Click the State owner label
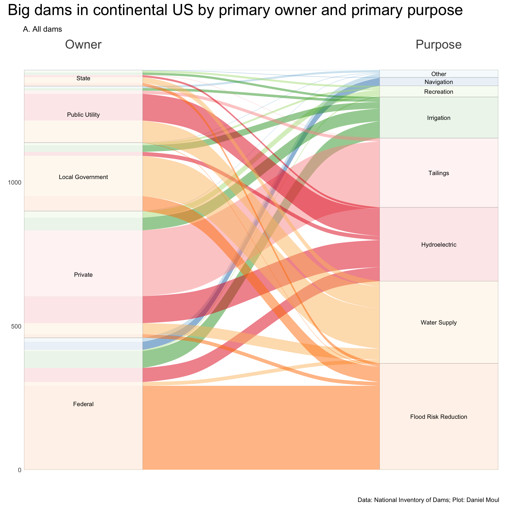point(83,78)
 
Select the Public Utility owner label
point(83,115)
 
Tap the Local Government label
point(83,177)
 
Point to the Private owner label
point(83,275)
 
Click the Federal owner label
point(83,404)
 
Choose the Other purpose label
point(439,74)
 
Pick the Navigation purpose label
point(439,82)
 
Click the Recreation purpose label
point(439,92)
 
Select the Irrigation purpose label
point(439,118)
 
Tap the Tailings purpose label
point(439,173)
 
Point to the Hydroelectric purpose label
point(439,245)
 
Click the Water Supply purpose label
point(439,322)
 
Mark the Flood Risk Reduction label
point(439,417)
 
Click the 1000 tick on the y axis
point(15,183)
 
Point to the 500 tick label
point(16,326)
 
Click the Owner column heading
point(83,44)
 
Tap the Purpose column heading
point(439,44)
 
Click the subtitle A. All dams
point(43,29)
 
